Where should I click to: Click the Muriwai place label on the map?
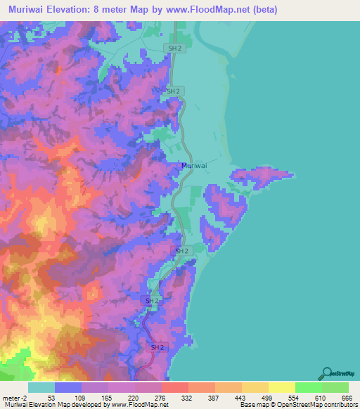193,166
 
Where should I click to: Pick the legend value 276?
161,397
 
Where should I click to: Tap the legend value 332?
188,397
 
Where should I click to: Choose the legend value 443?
241,397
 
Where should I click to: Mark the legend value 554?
295,397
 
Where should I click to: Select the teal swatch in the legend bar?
41,387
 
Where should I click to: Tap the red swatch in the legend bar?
174,387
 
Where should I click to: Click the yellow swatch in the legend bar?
281,387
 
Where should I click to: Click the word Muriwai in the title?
25,10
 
